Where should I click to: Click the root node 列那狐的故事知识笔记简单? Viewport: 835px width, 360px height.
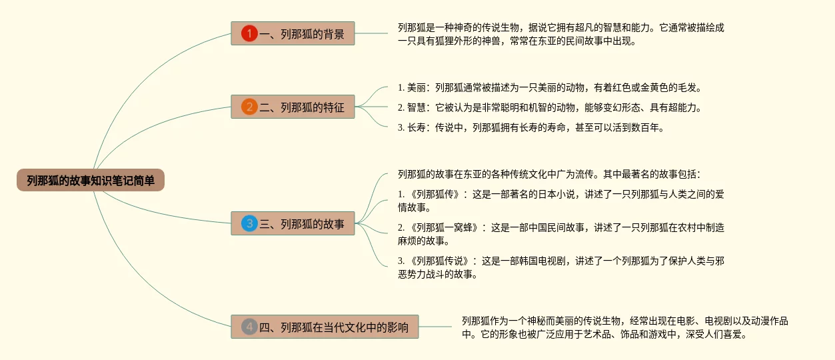click(91, 180)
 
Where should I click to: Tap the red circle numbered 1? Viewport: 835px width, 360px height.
click(249, 33)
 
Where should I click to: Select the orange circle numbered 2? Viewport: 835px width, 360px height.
click(249, 107)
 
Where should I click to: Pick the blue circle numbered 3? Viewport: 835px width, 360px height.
click(249, 223)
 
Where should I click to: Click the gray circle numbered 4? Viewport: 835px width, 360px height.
click(249, 327)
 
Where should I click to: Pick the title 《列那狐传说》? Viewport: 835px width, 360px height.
click(442, 261)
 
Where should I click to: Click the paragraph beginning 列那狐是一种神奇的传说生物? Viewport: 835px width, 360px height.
click(560, 34)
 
